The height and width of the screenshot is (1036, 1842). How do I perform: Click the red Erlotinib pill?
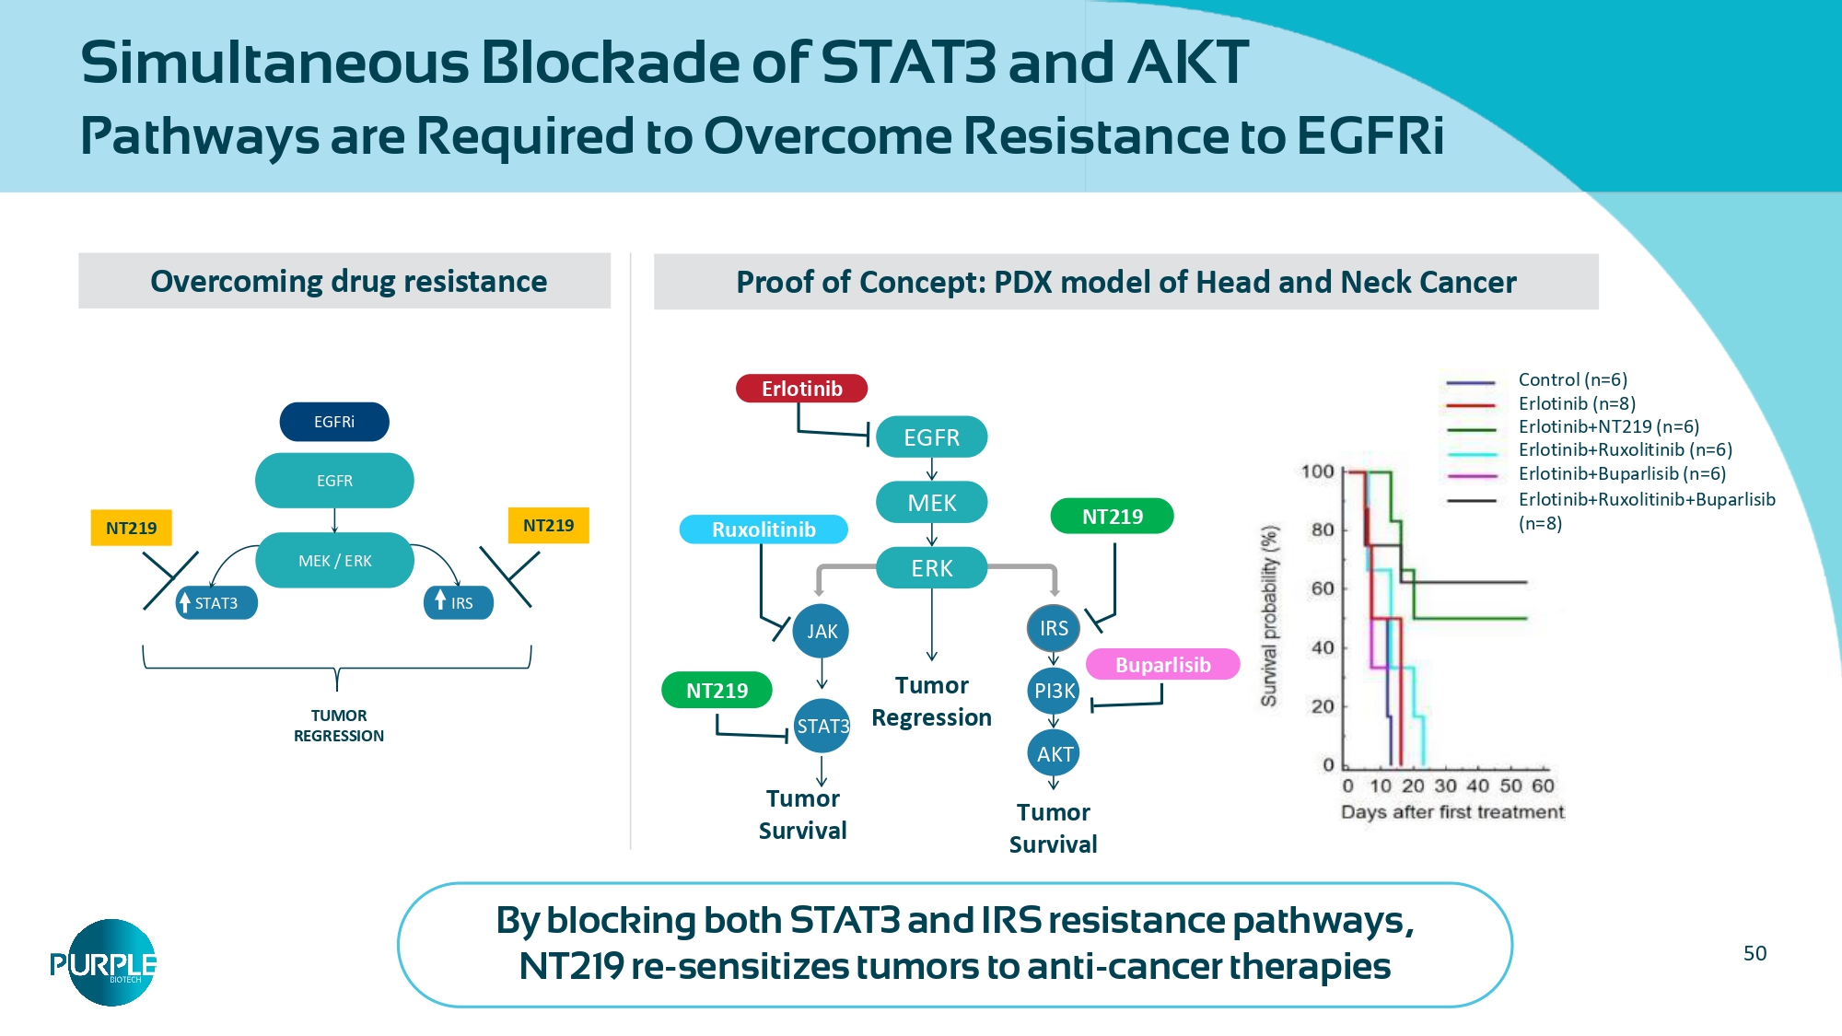801,389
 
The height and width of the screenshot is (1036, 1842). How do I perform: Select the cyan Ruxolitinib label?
764,530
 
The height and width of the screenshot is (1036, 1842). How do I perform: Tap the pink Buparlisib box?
1162,665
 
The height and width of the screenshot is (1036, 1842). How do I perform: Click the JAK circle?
822,631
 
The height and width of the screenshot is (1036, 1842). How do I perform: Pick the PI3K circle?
1054,691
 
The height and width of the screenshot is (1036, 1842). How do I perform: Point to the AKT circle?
1054,754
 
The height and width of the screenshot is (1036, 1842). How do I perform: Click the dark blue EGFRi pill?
334,422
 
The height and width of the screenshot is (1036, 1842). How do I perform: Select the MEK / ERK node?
334,561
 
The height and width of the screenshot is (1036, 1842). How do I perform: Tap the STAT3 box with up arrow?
216,603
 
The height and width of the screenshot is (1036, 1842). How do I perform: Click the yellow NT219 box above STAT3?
131,528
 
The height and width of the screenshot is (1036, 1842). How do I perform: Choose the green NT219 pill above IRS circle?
1112,517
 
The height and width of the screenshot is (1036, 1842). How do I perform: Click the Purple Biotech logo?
103,963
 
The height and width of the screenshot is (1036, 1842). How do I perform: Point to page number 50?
1755,953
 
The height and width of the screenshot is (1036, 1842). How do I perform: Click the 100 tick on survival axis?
1318,471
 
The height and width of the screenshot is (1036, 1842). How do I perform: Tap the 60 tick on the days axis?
1543,786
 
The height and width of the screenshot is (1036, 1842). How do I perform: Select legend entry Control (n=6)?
1572,379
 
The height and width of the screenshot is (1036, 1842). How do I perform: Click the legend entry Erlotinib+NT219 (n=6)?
1608,426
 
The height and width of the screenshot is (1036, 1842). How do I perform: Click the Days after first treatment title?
1452,812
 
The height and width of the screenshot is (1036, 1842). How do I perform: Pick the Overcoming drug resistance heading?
348,281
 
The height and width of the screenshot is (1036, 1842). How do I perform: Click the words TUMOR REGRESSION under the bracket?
339,726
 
